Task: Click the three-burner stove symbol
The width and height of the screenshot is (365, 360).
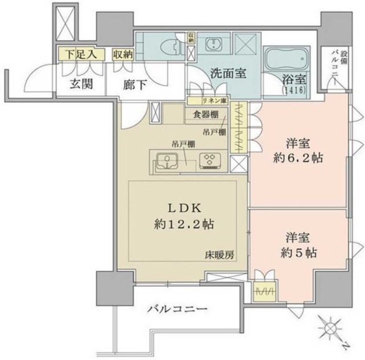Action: [208, 161]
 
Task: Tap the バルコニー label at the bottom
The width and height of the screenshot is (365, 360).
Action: [177, 309]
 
